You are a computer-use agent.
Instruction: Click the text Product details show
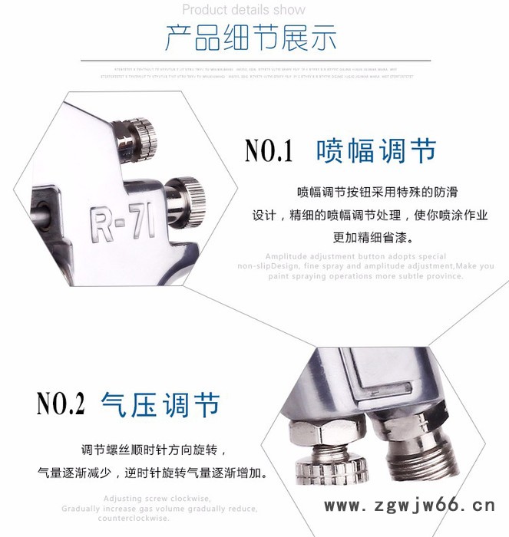coord(243,10)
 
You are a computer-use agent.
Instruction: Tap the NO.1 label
coord(269,151)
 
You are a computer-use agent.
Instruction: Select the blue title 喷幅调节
coord(376,150)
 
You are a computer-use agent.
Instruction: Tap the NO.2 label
coord(61,404)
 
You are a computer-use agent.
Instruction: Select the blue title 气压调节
coord(160,404)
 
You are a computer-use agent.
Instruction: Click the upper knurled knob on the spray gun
coord(140,135)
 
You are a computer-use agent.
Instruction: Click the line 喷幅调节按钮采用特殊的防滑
coord(370,192)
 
